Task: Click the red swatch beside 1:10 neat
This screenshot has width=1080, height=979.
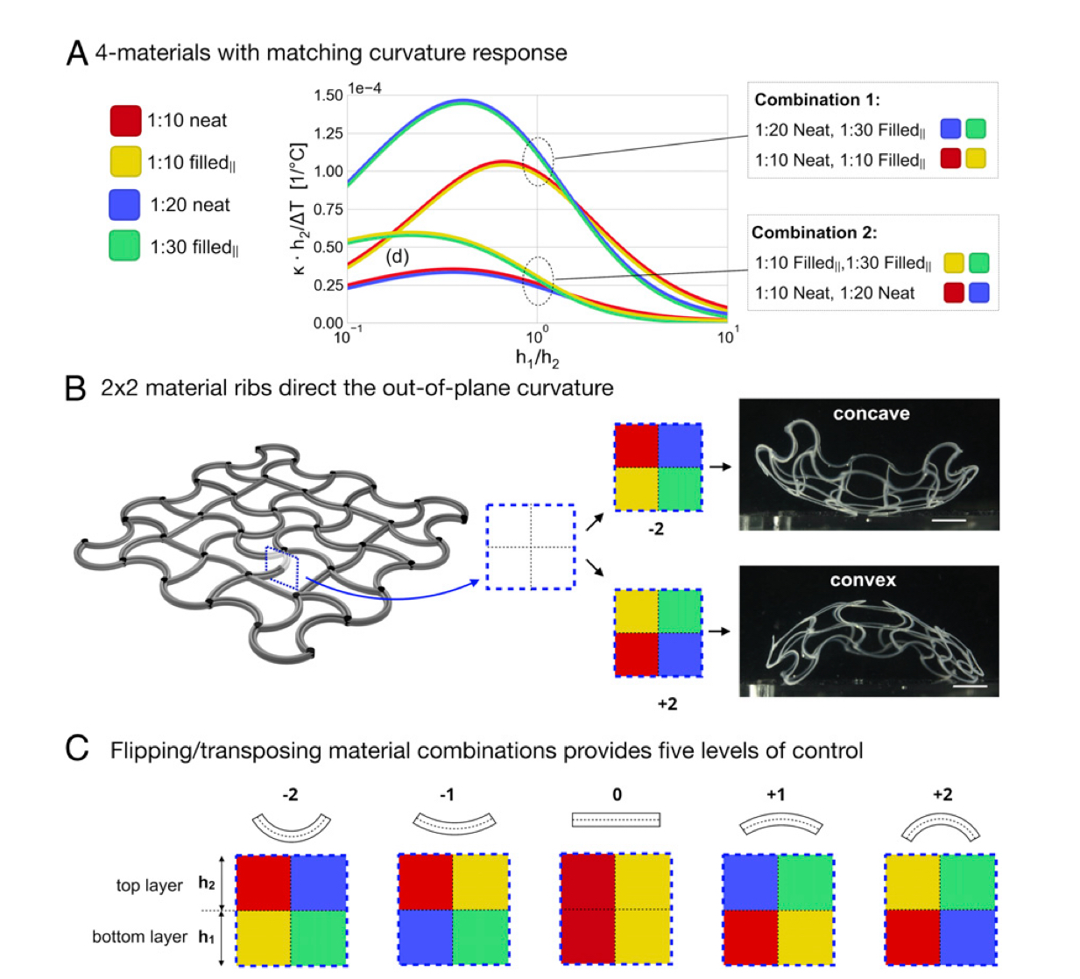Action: [x=125, y=121]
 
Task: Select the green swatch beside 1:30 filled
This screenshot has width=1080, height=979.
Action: [x=124, y=246]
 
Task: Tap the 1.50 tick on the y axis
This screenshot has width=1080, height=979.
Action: [x=328, y=95]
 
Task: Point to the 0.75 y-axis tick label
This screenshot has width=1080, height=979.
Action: [x=328, y=209]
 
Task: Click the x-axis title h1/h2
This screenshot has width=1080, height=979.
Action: [x=537, y=357]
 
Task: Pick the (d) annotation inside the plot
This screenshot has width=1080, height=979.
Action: [x=398, y=257]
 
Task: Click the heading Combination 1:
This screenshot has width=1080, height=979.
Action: [x=816, y=100]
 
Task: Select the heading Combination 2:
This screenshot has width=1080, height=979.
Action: [x=814, y=233]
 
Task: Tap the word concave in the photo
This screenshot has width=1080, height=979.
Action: [x=871, y=414]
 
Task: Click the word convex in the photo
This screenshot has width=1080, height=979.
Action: [x=863, y=581]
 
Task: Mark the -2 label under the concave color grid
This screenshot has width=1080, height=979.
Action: [x=656, y=529]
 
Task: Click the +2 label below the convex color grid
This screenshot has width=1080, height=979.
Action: [x=667, y=704]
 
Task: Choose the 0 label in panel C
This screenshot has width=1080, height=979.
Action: [x=617, y=794]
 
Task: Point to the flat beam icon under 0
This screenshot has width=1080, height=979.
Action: [x=616, y=821]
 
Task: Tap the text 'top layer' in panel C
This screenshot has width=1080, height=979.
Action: [x=149, y=885]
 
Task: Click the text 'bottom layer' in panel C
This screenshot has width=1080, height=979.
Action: [x=139, y=937]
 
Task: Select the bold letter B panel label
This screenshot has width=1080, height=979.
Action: [x=76, y=388]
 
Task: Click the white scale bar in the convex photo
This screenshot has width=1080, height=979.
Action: [x=970, y=686]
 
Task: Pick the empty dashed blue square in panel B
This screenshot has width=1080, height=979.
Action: [x=530, y=546]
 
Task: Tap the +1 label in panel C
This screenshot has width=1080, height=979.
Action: [x=776, y=794]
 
